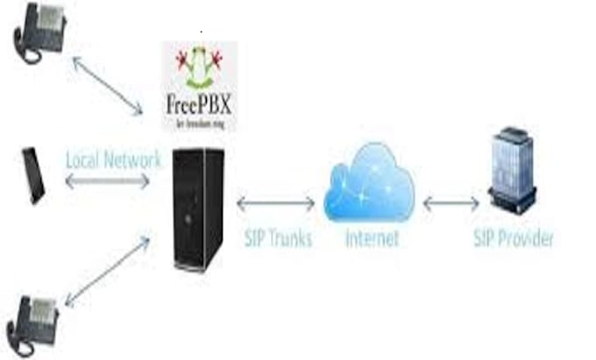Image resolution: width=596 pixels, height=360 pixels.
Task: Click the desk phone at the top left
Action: pyautogui.click(x=39, y=32)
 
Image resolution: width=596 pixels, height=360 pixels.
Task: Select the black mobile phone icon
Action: pyautogui.click(x=33, y=175)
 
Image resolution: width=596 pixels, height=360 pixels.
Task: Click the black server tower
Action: pyautogui.click(x=198, y=208)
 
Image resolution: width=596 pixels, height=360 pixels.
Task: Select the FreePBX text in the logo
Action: pyautogui.click(x=199, y=103)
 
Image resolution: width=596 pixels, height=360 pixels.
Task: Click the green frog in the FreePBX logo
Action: pyautogui.click(x=199, y=69)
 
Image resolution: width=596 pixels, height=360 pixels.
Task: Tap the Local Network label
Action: pyautogui.click(x=114, y=160)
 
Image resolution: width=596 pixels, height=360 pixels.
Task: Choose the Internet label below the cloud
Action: pyautogui.click(x=372, y=237)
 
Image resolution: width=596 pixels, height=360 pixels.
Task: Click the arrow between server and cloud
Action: pyautogui.click(x=275, y=203)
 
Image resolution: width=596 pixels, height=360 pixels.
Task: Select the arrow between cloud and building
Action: pyautogui.click(x=451, y=203)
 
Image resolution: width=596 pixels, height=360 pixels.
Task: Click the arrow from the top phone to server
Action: pyautogui.click(x=107, y=86)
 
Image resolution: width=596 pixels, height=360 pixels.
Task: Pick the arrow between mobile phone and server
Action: pyautogui.click(x=107, y=181)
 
